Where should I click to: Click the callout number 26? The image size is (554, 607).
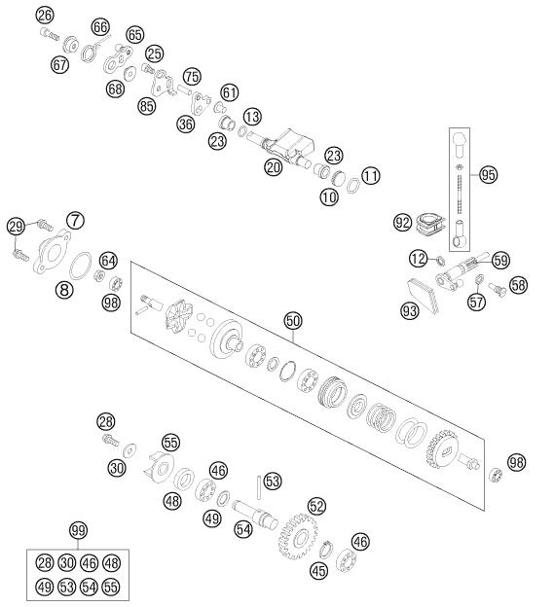pyautogui.click(x=45, y=16)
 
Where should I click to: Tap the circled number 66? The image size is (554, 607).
pyautogui.click(x=100, y=27)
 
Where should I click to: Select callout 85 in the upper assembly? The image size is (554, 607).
pyautogui.click(x=146, y=106)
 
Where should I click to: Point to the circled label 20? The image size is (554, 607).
pyautogui.click(x=274, y=167)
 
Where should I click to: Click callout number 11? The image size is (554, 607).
pyautogui.click(x=371, y=176)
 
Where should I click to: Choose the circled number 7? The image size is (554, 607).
pyautogui.click(x=75, y=221)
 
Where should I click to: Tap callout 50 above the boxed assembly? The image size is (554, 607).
pyautogui.click(x=293, y=321)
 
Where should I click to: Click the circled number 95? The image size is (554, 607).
pyautogui.click(x=488, y=174)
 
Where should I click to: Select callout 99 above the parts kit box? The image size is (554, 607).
pyautogui.click(x=78, y=530)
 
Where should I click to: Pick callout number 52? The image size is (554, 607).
pyautogui.click(x=316, y=506)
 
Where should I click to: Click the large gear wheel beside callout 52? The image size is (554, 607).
pyautogui.click(x=298, y=536)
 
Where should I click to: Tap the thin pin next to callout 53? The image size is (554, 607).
pyautogui.click(x=259, y=487)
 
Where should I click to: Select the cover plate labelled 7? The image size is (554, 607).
pyautogui.click(x=52, y=251)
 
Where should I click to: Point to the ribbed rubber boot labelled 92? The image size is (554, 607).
pyautogui.click(x=430, y=224)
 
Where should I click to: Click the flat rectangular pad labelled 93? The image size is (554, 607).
pyautogui.click(x=424, y=296)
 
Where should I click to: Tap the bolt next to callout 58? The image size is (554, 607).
pyautogui.click(x=498, y=289)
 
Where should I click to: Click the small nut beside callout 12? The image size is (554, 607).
pyautogui.click(x=440, y=262)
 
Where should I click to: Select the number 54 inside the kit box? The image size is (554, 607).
pyautogui.click(x=89, y=587)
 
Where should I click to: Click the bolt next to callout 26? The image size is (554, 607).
pyautogui.click(x=50, y=34)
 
